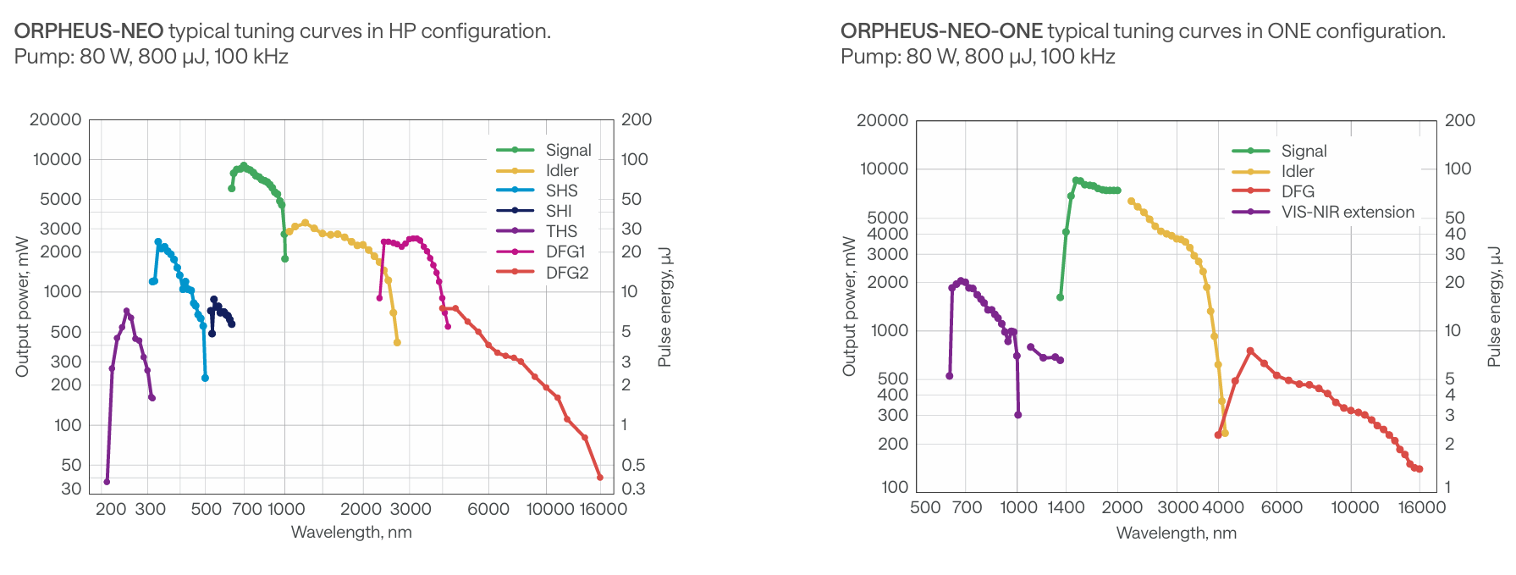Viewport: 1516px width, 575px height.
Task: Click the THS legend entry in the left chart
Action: pos(561,231)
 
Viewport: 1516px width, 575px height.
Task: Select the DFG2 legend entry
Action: pos(566,273)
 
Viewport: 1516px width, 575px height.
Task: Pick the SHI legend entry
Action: pos(559,211)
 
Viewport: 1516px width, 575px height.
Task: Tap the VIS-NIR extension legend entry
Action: pos(1348,212)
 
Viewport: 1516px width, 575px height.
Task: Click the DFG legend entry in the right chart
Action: pos(1298,191)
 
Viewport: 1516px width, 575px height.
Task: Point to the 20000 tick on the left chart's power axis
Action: pos(56,120)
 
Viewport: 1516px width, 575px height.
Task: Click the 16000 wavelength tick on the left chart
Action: pos(603,509)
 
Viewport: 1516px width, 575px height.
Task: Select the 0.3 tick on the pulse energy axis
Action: pos(633,489)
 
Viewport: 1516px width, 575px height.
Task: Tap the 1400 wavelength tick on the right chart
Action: pos(1066,507)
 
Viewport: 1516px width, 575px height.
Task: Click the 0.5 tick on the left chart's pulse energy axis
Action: pos(633,465)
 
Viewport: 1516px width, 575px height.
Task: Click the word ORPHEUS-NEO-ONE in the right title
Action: pos(941,31)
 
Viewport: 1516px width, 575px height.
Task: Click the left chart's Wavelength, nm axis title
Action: pos(351,533)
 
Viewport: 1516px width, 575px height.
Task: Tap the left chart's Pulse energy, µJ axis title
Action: pos(664,307)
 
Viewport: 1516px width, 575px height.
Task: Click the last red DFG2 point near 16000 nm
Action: pos(600,478)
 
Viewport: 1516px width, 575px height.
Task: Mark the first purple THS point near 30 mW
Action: pos(107,482)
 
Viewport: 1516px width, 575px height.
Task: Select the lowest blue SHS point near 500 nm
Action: pos(205,378)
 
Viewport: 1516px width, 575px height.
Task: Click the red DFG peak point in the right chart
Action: pos(1250,351)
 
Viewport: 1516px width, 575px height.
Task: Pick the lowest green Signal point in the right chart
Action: pos(1060,297)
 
